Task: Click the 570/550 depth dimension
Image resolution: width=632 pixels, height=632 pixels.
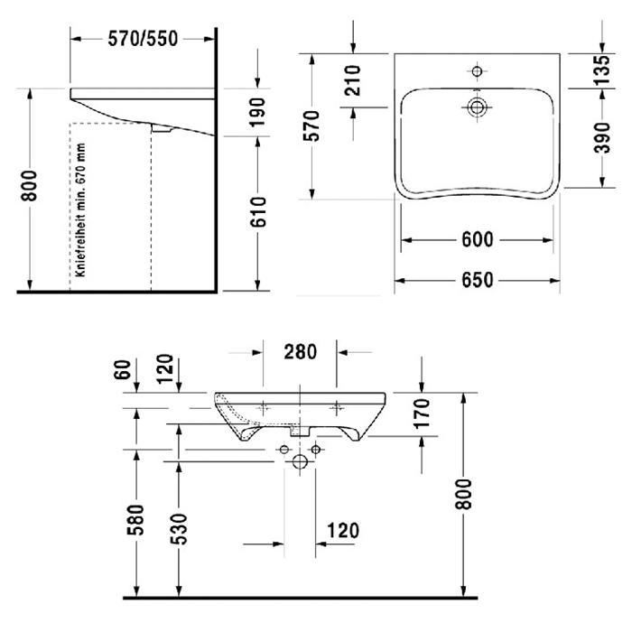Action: tap(143, 38)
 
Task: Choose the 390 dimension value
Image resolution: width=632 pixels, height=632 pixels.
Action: tap(599, 138)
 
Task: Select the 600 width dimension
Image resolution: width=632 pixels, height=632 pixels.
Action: tap(477, 240)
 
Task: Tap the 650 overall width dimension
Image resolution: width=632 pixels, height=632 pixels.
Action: tap(477, 280)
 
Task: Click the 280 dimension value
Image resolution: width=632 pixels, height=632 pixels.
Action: tap(299, 352)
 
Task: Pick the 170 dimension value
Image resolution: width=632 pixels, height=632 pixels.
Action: tap(423, 414)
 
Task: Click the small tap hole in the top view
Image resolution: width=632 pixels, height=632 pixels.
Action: tap(477, 70)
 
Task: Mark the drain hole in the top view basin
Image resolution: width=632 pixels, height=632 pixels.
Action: tap(477, 107)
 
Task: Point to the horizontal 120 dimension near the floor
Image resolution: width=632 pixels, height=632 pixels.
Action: tap(338, 530)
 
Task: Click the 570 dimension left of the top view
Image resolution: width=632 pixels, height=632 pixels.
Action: tap(312, 126)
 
